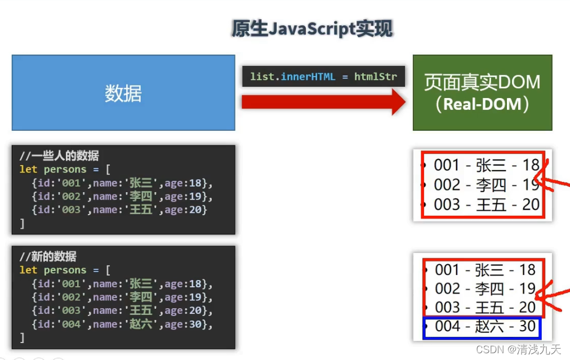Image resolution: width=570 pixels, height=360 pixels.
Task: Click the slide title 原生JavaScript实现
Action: (x=312, y=29)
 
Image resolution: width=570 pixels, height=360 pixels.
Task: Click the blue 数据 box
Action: (x=123, y=93)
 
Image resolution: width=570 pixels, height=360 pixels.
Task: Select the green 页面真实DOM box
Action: (x=482, y=93)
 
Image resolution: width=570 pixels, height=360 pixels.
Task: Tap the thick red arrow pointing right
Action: (x=323, y=102)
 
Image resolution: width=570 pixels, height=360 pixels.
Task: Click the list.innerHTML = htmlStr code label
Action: (x=323, y=77)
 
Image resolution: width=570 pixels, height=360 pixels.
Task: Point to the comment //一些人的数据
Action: (x=59, y=155)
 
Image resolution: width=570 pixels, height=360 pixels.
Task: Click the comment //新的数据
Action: (x=48, y=256)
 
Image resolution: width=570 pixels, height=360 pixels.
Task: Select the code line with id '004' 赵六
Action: (x=122, y=324)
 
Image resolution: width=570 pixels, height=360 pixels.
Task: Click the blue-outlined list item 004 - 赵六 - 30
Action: (x=482, y=327)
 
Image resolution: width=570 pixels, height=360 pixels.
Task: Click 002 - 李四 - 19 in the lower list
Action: (x=485, y=288)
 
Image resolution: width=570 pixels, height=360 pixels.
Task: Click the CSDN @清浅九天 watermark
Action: (x=518, y=349)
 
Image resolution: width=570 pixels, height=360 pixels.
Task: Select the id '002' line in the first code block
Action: (x=122, y=197)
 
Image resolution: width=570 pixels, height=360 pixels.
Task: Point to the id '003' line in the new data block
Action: (x=122, y=310)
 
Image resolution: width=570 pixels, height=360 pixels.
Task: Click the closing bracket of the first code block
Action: (x=22, y=223)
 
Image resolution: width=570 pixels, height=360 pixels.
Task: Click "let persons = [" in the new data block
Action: (x=65, y=270)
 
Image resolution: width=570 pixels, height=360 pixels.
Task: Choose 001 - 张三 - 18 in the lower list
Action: (x=485, y=270)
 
